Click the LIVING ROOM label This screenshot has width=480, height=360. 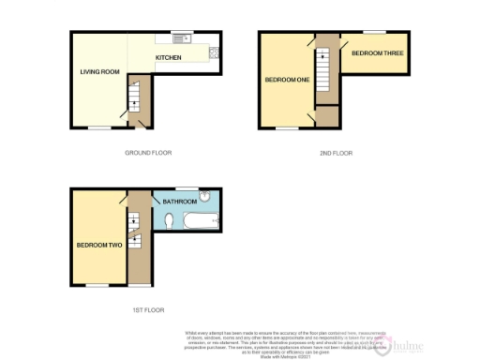point(97,71)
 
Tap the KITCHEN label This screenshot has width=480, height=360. point(168,58)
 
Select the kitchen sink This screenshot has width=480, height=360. point(180,38)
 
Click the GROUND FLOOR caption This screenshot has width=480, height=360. point(148,152)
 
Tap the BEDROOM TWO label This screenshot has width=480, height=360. point(98,245)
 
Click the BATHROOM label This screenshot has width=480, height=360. point(179,202)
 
